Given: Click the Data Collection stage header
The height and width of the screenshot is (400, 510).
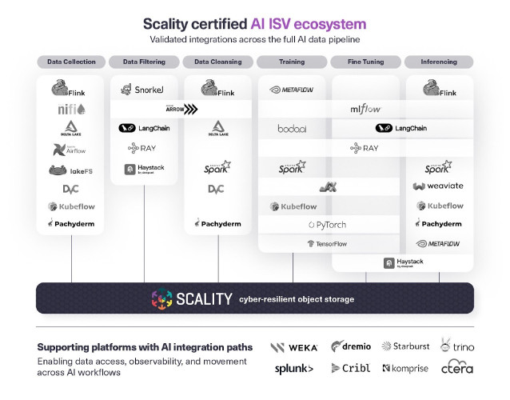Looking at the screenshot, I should (71, 62).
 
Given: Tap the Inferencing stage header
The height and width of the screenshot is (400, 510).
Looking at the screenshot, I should (439, 62).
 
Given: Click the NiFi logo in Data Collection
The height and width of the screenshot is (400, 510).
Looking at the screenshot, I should (71, 109).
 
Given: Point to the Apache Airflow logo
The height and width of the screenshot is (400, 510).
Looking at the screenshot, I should (71, 149).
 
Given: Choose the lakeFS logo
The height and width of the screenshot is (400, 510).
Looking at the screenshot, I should (71, 170).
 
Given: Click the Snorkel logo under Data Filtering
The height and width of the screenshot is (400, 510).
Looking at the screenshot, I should (145, 90).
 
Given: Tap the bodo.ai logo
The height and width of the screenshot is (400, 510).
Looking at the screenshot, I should (293, 128).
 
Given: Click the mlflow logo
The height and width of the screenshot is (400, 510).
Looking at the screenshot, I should (366, 109).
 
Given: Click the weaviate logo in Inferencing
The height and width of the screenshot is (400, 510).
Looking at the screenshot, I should (439, 186).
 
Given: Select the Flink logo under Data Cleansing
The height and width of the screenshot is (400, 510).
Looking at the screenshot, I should (218, 87).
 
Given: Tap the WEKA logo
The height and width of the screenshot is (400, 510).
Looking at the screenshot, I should (293, 348).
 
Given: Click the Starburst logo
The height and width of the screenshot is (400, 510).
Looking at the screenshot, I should (407, 346).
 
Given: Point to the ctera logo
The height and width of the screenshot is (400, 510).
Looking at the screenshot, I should (457, 368).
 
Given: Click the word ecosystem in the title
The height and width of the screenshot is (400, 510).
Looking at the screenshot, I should (329, 24).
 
